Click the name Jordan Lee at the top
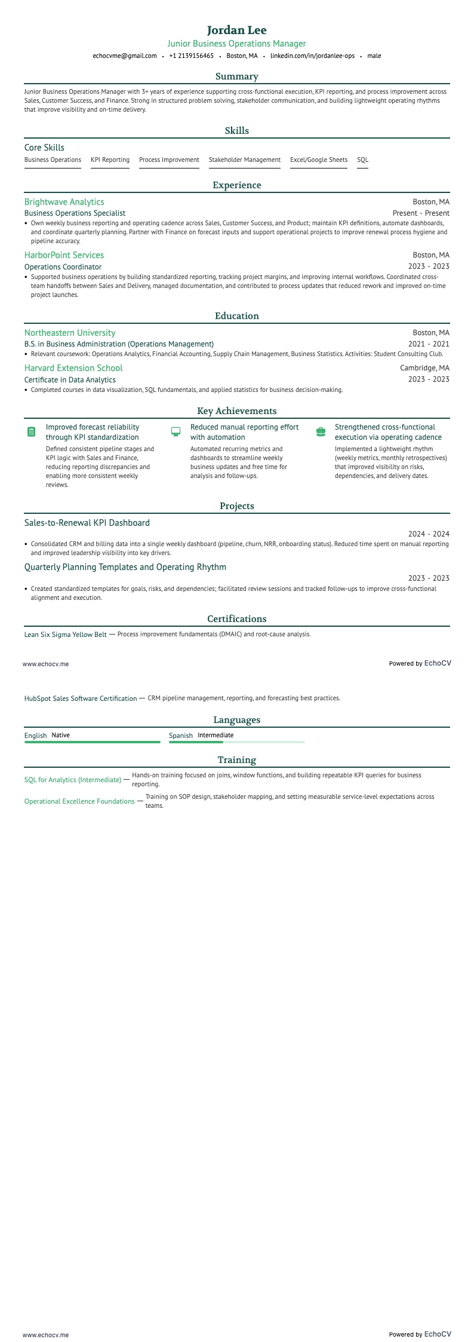pyautogui.click(x=237, y=30)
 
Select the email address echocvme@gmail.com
pyautogui.click(x=125, y=56)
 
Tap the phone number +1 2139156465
pyautogui.click(x=191, y=56)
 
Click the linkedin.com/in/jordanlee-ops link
pyautogui.click(x=312, y=56)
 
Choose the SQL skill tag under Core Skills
pyautogui.click(x=362, y=160)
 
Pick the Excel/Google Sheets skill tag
pyautogui.click(x=318, y=160)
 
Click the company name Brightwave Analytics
pyautogui.click(x=64, y=202)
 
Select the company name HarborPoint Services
pyautogui.click(x=64, y=255)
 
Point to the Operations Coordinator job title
pyautogui.click(x=63, y=266)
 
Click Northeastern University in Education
pyautogui.click(x=70, y=333)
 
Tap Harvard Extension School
pyautogui.click(x=73, y=368)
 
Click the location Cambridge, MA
pyautogui.click(x=424, y=368)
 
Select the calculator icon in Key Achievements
pyautogui.click(x=32, y=431)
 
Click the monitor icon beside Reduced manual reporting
pyautogui.click(x=176, y=431)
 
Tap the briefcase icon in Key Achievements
pyautogui.click(x=321, y=431)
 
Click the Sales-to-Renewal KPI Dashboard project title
pyautogui.click(x=87, y=523)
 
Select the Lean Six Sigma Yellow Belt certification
pyautogui.click(x=66, y=635)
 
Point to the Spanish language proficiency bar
pyautogui.click(x=236, y=742)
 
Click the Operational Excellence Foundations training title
pyautogui.click(x=79, y=801)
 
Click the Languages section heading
pyautogui.click(x=237, y=720)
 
